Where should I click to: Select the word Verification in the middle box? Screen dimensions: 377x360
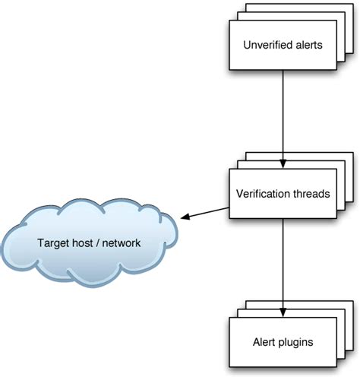tap(263, 194)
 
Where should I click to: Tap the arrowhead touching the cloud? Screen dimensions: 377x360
tap(184, 217)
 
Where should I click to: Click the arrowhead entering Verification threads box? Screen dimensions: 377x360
tap(283, 163)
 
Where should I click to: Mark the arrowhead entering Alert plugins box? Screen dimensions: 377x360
tap(283, 312)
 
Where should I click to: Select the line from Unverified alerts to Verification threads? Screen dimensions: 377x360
tap(283, 114)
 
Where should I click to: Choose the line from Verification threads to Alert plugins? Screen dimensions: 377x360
tap(283, 266)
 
